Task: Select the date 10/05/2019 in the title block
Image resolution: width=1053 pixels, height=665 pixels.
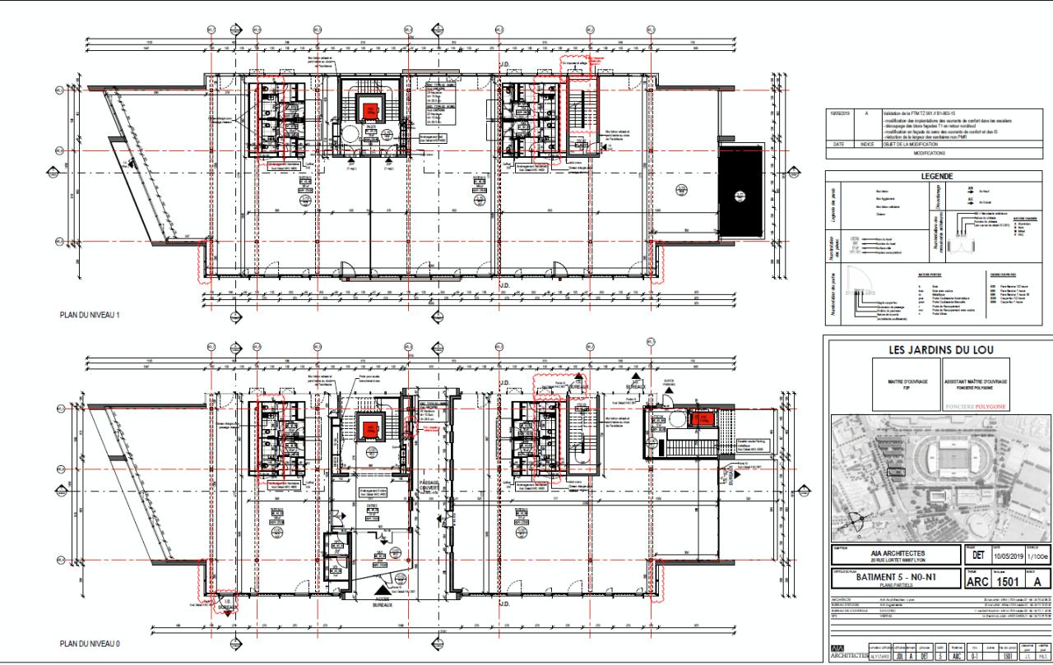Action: coord(1001,555)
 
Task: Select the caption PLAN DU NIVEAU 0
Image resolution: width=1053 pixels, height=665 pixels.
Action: coord(91,643)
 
